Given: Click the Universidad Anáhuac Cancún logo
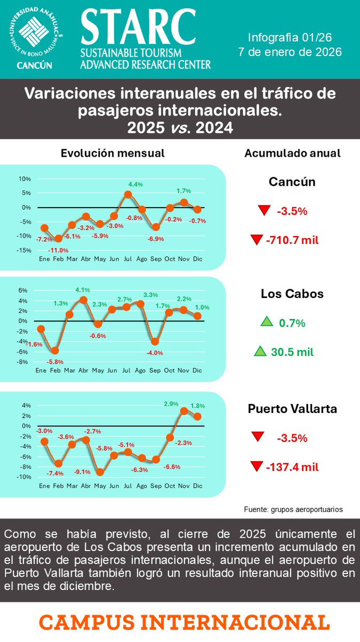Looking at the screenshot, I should [35, 39].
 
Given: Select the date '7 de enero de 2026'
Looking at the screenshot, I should [290, 52].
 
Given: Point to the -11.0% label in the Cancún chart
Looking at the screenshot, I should [59, 250].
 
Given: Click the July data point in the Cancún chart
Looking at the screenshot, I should [128, 195].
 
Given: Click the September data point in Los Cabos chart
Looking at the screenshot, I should [155, 341].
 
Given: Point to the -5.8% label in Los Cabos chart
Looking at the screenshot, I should [55, 362].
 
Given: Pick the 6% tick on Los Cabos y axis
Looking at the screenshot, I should [23, 291].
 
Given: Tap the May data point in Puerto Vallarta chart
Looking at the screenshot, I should [100, 472].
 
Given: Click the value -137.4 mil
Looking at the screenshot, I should [292, 467].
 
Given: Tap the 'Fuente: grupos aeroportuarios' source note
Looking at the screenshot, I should [293, 509].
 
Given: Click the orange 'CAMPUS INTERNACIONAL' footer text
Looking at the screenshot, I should [184, 622].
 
